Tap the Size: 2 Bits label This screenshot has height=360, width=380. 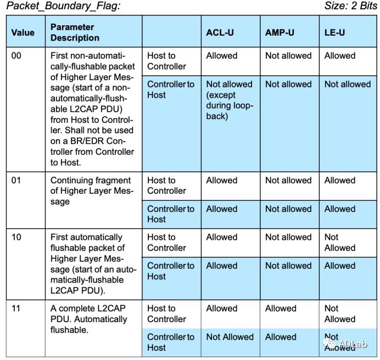point(348,7)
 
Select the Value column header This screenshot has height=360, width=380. point(23,32)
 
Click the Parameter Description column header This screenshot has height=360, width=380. point(75,32)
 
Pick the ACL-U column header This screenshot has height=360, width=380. point(220,32)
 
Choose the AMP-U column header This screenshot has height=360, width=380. point(280,32)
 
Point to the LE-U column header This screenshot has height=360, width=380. point(334,32)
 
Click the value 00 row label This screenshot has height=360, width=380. point(16,56)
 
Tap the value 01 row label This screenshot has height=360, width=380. point(16,181)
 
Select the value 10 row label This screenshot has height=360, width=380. point(16,238)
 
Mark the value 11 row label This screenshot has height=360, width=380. point(16,309)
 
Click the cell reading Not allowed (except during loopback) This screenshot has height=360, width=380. point(230,100)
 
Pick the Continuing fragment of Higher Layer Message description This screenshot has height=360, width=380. point(91,191)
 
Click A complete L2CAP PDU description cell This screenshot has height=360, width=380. point(88,319)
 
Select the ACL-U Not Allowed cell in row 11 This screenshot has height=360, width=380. point(230,337)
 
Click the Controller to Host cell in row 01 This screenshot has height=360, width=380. point(170,214)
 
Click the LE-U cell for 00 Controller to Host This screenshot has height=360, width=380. point(347,85)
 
